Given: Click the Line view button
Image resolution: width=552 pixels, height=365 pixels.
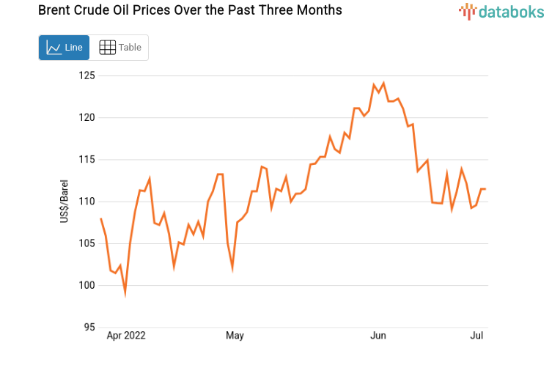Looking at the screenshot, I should (64, 48).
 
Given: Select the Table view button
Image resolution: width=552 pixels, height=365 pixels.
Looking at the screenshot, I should (119, 48).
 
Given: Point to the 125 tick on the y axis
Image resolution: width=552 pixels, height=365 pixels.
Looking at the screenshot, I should (87, 75).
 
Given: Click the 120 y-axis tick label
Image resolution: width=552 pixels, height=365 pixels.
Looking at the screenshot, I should (87, 117).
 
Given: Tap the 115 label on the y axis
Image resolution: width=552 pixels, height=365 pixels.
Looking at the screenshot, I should (87, 159).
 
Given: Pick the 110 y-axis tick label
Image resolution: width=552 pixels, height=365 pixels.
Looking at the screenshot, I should (87, 202).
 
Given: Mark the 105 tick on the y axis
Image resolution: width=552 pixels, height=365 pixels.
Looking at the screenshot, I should (87, 243).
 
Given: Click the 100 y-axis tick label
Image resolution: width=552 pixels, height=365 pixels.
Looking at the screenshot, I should (87, 285).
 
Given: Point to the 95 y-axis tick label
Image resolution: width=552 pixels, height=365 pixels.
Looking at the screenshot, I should (89, 327).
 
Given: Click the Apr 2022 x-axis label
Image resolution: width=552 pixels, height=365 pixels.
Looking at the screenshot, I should (126, 336).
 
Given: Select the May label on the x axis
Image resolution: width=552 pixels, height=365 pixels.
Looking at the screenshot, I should (235, 336).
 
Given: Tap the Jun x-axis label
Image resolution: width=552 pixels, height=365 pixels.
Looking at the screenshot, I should (378, 336).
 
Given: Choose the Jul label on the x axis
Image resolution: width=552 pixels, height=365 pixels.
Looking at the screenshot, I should (476, 336).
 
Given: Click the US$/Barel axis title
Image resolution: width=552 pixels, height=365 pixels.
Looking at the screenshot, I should (65, 202).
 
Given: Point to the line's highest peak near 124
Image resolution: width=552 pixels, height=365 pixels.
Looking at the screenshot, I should (383, 83).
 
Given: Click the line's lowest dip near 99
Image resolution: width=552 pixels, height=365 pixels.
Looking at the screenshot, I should (125, 292).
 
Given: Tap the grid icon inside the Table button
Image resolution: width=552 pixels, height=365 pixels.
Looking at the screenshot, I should (107, 48).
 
